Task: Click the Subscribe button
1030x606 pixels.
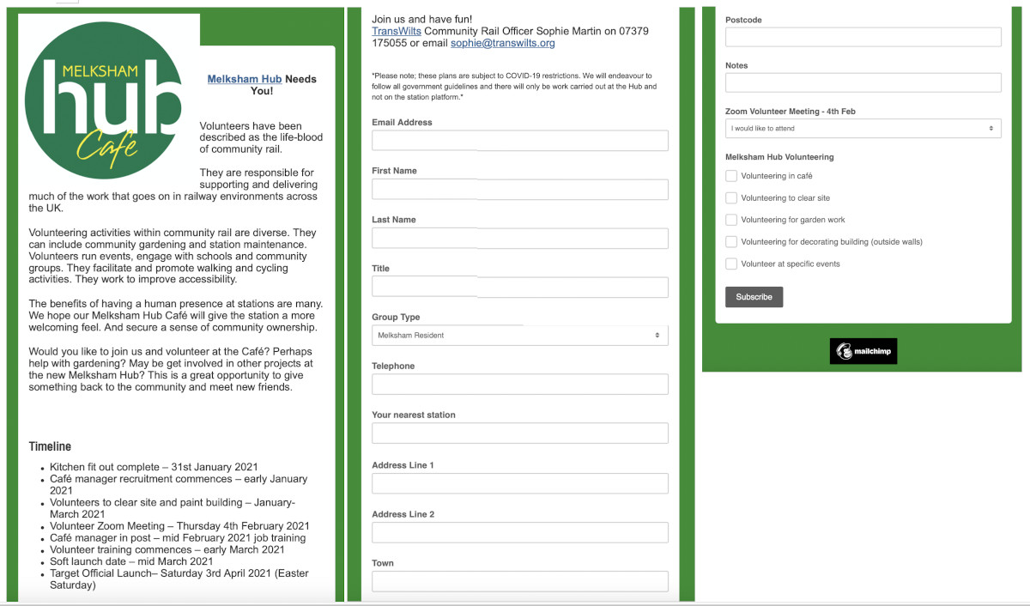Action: point(754,297)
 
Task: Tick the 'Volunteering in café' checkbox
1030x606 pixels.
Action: point(731,176)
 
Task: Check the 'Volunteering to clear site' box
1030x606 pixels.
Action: point(731,198)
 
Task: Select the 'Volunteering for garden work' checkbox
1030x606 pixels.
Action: point(731,220)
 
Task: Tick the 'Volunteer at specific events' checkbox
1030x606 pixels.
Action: point(731,264)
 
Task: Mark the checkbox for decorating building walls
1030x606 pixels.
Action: point(731,242)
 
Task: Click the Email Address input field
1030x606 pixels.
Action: point(519,141)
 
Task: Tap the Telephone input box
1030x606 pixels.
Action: point(519,385)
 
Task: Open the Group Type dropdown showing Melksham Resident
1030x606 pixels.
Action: point(519,336)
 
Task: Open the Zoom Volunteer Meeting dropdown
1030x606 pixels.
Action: point(863,129)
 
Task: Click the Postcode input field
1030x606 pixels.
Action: point(863,37)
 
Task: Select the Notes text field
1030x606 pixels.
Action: point(863,82)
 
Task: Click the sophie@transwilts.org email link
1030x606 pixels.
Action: point(503,43)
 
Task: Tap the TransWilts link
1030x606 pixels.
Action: point(397,31)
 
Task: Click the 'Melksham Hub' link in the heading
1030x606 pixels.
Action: point(245,79)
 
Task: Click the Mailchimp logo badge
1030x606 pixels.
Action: point(863,351)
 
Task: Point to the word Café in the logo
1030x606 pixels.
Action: point(107,148)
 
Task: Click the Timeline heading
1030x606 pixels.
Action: point(50,446)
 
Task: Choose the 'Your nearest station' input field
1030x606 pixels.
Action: point(519,433)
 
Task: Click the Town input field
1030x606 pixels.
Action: point(519,582)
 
